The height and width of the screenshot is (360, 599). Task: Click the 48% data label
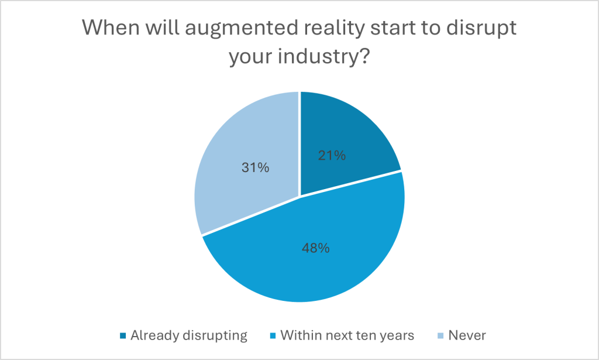point(316,248)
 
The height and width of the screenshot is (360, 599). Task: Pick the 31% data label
point(256,167)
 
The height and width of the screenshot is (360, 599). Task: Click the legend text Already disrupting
point(189,335)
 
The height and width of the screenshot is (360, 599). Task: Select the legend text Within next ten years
point(347,335)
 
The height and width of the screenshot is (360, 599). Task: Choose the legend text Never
point(467,335)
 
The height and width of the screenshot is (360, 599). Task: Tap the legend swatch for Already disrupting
point(122,336)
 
